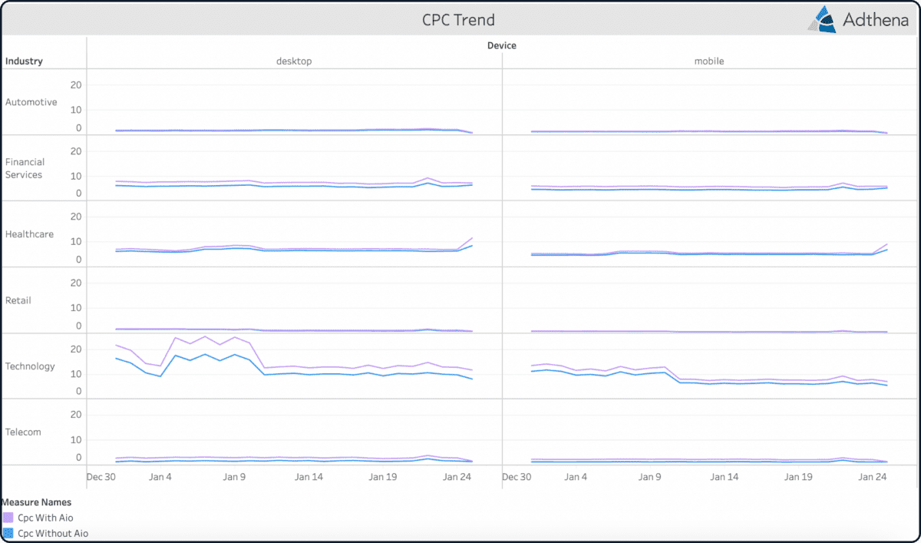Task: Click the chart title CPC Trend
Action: [458, 19]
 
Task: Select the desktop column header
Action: [294, 61]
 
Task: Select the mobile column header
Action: [709, 61]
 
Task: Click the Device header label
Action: [502, 45]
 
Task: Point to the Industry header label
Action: [24, 61]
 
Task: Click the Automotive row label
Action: [31, 102]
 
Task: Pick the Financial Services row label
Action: [25, 168]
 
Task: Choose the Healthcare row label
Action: [29, 234]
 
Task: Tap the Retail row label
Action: [18, 300]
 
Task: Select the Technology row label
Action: [30, 366]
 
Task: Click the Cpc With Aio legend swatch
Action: [8, 518]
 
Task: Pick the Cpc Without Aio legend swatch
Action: [8, 533]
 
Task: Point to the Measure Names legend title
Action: [36, 502]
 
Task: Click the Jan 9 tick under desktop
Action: [234, 477]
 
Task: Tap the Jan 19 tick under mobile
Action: [798, 477]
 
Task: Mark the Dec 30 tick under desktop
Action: [101, 477]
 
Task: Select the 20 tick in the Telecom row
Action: [76, 414]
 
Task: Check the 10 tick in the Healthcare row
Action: [76, 242]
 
